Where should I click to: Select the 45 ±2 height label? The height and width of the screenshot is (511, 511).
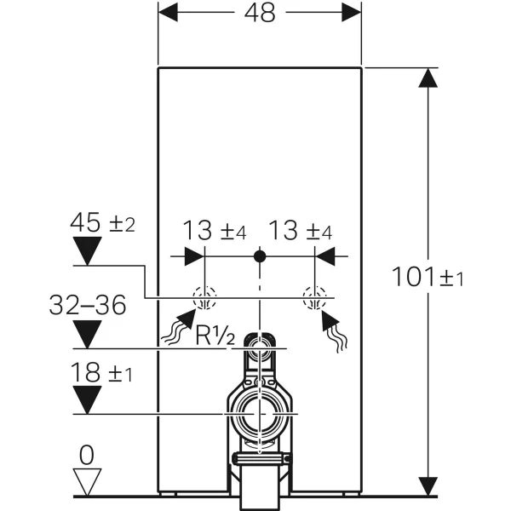tap(100, 224)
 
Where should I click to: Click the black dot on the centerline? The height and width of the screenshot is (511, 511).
tap(261, 255)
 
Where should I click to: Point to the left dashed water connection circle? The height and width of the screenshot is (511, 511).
tap(204, 298)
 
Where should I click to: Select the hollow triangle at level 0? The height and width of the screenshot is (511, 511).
tap(87, 482)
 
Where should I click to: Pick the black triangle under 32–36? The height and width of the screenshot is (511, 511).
tap(87, 334)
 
